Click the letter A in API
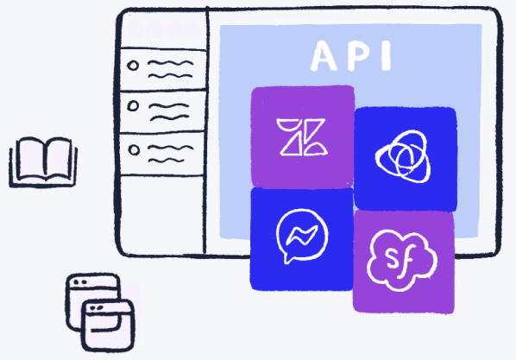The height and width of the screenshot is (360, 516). pos(324,56)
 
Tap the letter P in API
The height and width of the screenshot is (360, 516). pos(357,55)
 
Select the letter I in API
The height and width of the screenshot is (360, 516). pos(386,55)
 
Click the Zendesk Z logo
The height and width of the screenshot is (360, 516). pos(302,136)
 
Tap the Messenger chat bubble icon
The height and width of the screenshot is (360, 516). pos(301,235)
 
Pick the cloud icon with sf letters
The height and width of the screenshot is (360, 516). pos(401,260)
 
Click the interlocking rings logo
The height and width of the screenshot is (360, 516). pos(404,156)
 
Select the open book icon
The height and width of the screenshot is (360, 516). pos(43,162)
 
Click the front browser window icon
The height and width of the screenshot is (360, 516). pos(108,325)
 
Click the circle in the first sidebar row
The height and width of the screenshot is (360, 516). pos(133,66)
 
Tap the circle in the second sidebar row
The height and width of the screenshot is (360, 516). pos(133,106)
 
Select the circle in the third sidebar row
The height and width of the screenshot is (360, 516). pos(134,150)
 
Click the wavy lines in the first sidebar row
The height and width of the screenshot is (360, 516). pos(171,69)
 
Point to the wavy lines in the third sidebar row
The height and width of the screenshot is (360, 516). pos(170,154)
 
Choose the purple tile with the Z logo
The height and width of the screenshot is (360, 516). pos(302,136)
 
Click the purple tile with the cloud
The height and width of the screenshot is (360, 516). pos(404,262)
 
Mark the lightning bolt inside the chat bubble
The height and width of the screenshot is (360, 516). pos(302,235)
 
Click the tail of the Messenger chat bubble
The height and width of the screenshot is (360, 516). pos(287,259)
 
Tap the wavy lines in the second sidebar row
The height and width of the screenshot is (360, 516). pos(169,111)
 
